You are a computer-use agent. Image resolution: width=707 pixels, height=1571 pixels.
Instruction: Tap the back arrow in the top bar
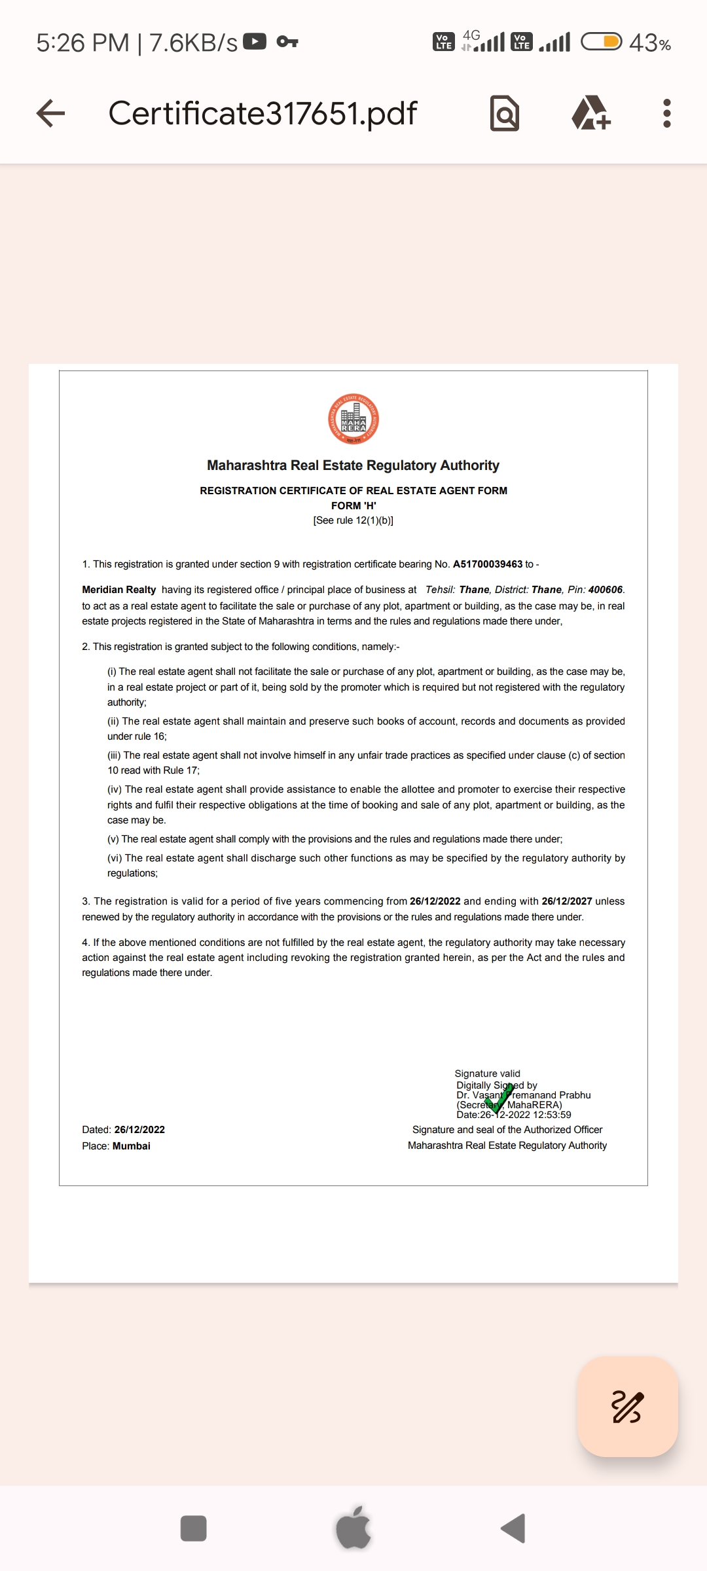(x=50, y=113)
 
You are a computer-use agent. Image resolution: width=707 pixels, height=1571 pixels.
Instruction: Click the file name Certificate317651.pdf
(x=263, y=113)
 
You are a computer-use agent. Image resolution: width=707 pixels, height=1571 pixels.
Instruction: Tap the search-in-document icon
(x=505, y=114)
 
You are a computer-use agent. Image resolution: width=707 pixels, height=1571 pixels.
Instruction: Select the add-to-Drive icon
(x=591, y=113)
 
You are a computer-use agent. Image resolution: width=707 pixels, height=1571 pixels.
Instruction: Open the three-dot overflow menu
(x=666, y=113)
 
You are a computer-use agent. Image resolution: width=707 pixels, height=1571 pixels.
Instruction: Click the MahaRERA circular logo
(x=353, y=420)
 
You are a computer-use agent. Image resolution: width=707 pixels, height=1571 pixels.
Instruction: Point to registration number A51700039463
(x=488, y=564)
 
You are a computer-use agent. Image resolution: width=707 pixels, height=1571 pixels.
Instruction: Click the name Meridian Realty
(x=119, y=590)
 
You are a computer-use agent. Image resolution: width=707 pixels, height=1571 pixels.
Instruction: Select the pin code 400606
(x=605, y=590)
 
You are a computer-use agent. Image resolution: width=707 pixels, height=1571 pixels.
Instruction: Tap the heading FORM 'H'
(x=353, y=505)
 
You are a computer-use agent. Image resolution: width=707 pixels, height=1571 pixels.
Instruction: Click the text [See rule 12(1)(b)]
(x=353, y=520)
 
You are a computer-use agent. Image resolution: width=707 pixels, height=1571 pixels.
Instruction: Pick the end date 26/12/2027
(x=566, y=901)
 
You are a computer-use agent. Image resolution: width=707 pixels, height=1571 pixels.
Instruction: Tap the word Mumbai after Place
(x=132, y=1146)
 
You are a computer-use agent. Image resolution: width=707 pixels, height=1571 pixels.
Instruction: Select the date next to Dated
(x=139, y=1129)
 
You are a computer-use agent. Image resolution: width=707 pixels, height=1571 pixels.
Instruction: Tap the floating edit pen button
(x=627, y=1407)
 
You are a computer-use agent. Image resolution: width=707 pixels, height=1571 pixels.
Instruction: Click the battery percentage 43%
(x=649, y=43)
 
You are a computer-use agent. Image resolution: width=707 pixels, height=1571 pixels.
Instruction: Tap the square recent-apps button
(x=193, y=1528)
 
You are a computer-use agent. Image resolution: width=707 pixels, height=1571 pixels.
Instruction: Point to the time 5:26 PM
(x=83, y=43)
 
